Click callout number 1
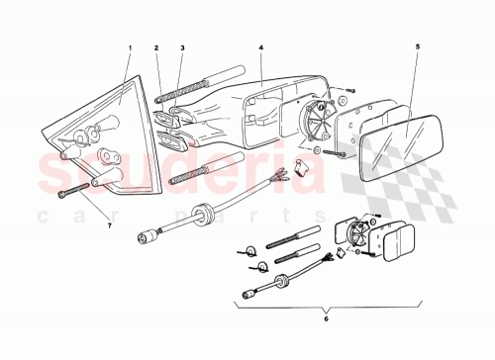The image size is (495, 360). point(128,47)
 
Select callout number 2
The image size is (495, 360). point(156,47)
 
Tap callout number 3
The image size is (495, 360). point(182,47)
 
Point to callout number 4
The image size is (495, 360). point(260,47)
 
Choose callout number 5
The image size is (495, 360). point(417,47)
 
